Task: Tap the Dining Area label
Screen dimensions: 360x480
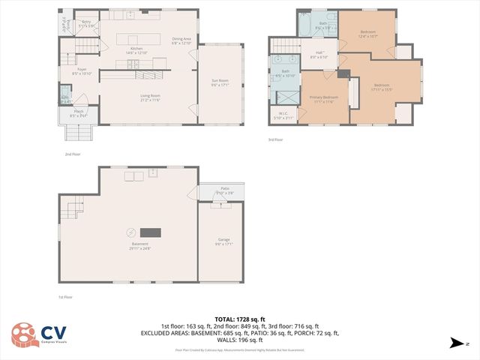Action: tap(181, 40)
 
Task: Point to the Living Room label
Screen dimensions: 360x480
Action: tap(150, 97)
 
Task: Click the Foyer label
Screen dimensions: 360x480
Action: tap(80, 71)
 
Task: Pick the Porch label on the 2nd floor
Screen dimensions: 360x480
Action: tap(79, 113)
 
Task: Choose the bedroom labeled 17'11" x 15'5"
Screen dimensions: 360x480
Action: tap(382, 87)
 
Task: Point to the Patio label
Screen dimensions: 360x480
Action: tap(225, 190)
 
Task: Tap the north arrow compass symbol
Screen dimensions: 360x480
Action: tap(455, 343)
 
